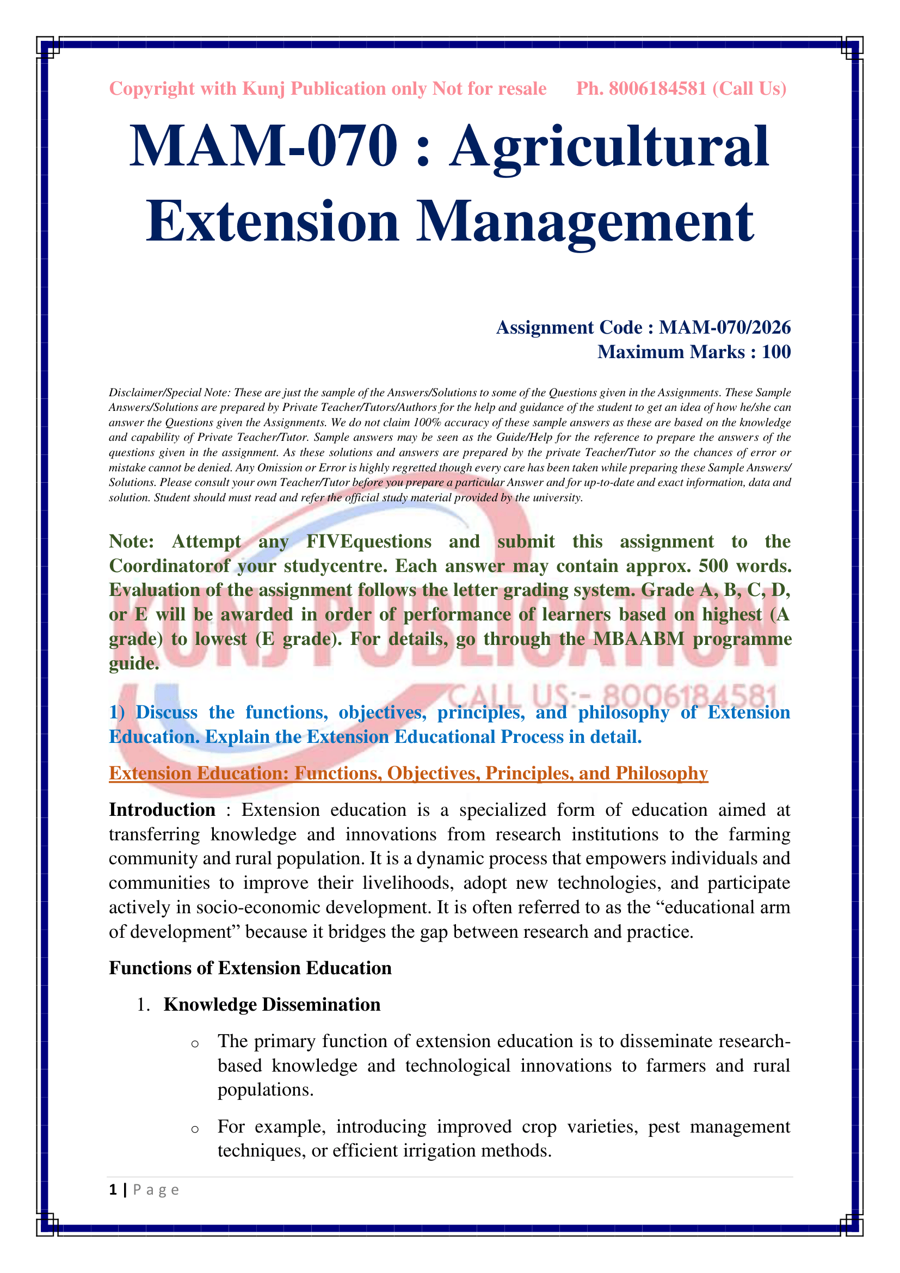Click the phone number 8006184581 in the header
pyautogui.click(x=657, y=89)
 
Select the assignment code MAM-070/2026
pyautogui.click(x=724, y=328)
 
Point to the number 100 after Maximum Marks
pyautogui.click(x=776, y=352)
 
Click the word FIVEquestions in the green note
pyautogui.click(x=369, y=541)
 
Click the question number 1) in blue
pyautogui.click(x=117, y=712)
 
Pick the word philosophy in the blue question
pyautogui.click(x=624, y=712)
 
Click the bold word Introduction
pyautogui.click(x=162, y=810)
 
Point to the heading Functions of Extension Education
pyautogui.click(x=250, y=968)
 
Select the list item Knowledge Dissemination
pyautogui.click(x=272, y=1005)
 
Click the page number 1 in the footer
pyautogui.click(x=113, y=1190)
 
